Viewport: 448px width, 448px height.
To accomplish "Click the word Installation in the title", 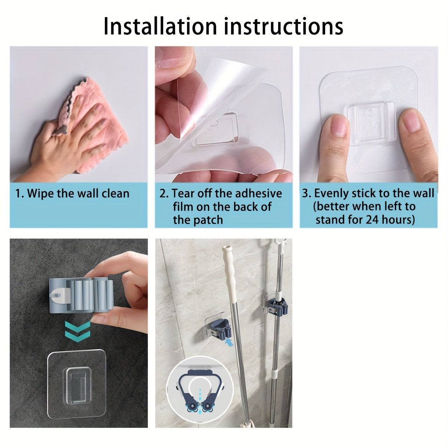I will click(160, 27).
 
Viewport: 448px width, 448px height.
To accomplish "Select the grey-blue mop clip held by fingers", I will click(80, 294).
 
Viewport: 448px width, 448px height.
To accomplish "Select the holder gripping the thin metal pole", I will click(278, 299).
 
